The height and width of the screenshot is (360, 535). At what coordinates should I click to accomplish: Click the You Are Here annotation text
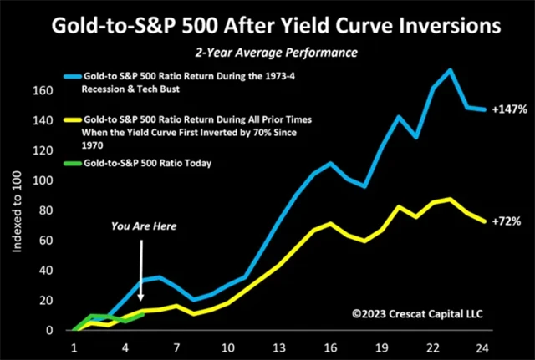click(x=145, y=226)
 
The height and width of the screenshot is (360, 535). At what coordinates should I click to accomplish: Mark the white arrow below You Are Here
click(x=141, y=268)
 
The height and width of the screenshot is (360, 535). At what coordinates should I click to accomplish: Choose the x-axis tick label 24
click(x=480, y=346)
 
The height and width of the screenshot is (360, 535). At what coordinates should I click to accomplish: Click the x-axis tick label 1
click(x=74, y=346)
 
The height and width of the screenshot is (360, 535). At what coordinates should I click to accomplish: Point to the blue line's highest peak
click(x=451, y=70)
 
